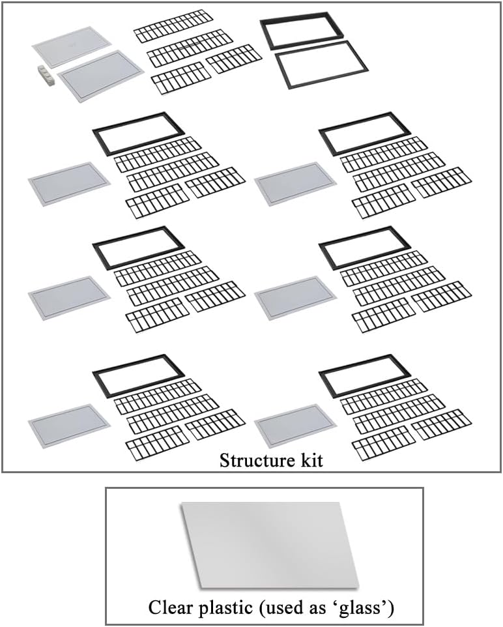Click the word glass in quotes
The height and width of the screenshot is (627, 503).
368,608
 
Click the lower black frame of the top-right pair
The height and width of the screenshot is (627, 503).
321,65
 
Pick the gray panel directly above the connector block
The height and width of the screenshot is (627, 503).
71,47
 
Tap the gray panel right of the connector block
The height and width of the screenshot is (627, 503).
100,76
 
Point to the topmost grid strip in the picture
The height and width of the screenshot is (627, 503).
174,26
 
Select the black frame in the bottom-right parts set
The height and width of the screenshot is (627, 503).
364,375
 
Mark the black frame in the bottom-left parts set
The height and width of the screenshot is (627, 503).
138,375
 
